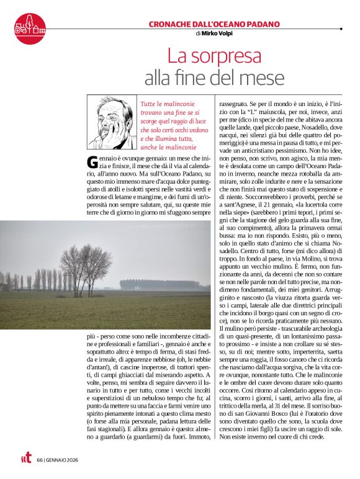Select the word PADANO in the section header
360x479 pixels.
click(x=261, y=24)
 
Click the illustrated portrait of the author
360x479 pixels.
click(x=112, y=122)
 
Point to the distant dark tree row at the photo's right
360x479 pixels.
click(x=161, y=284)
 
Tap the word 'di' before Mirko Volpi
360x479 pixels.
click(x=198, y=34)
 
